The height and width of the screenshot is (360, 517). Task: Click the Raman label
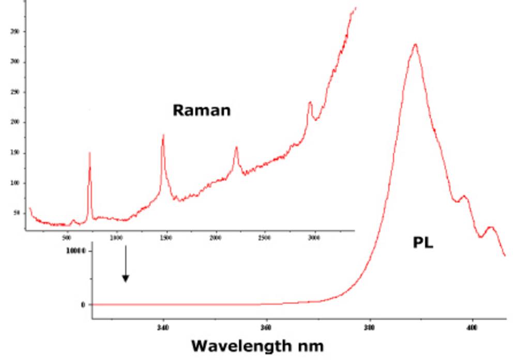pos(201,110)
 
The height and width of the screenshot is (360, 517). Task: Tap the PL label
pos(422,243)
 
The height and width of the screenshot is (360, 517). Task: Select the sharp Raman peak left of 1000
pos(89,153)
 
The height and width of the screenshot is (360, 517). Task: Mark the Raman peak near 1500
pos(163,136)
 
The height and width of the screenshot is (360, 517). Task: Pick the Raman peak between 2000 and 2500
pos(236,148)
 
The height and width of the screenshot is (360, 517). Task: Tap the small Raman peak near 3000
pos(310,102)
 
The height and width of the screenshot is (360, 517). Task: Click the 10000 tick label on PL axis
pos(76,251)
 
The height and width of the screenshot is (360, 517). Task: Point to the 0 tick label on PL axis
pos(82,305)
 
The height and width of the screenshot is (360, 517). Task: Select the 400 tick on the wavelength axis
pos(472,327)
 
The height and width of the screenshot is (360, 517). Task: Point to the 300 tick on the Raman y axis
pos(14,62)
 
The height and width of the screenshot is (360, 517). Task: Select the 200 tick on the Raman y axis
pos(14,122)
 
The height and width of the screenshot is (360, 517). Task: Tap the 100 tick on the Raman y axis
pos(14,183)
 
